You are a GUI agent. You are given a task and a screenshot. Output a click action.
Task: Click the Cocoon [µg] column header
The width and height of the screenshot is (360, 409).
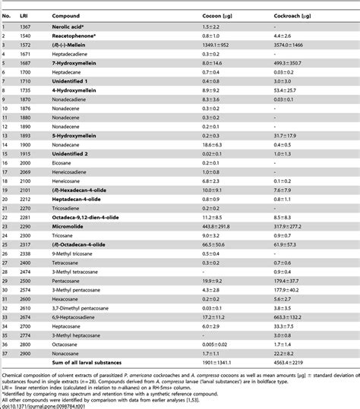point(217,15)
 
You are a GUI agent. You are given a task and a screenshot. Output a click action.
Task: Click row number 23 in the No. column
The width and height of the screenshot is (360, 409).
point(5,217)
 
